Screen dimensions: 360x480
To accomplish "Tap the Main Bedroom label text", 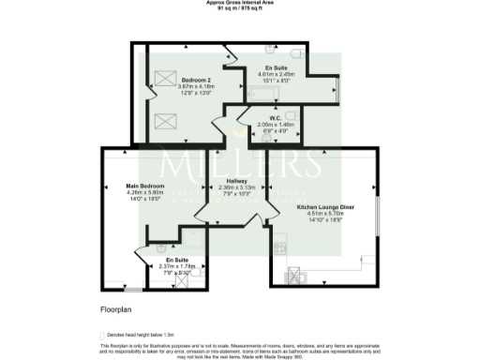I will point(145,187).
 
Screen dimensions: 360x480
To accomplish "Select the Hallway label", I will point(236,181).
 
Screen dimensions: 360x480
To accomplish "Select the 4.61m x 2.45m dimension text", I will point(277,73).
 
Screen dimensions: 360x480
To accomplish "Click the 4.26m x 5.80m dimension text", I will point(145,193).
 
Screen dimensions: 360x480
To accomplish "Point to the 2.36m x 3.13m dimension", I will point(236,187).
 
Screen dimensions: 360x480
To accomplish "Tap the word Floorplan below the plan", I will point(113,307).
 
